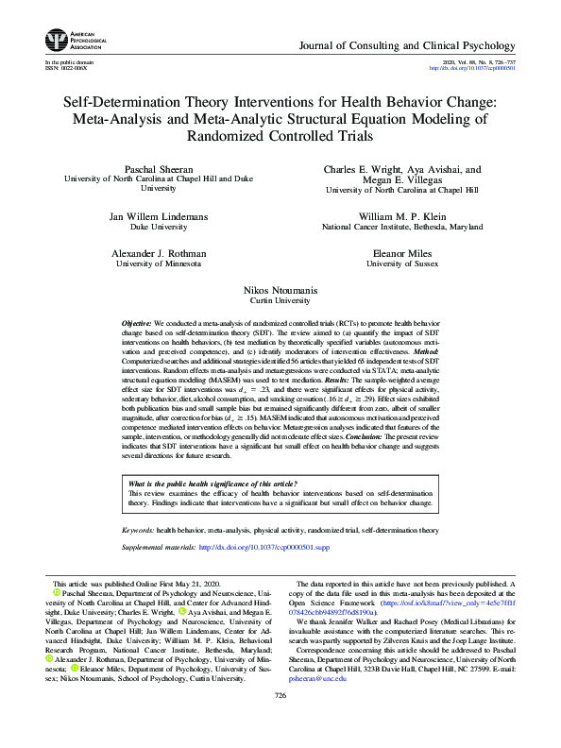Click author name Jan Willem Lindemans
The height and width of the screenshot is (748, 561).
click(x=158, y=216)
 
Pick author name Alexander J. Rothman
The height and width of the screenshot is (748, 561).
click(x=158, y=254)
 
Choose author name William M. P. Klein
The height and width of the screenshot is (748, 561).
click(x=402, y=216)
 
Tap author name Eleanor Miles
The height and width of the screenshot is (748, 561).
click(x=402, y=254)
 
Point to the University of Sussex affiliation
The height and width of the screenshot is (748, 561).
click(x=402, y=264)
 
